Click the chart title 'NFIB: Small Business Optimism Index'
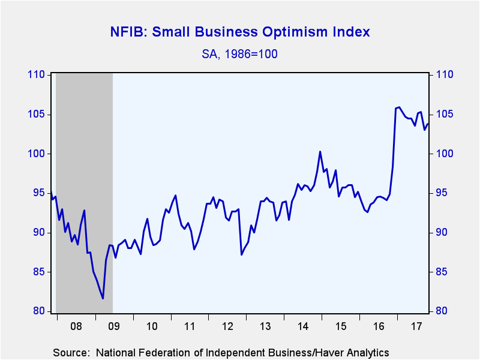240,32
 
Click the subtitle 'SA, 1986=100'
239,54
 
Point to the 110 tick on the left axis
36,74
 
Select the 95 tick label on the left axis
39,193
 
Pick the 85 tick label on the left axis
39,272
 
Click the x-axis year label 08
76,326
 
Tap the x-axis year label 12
227,326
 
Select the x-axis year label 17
416,326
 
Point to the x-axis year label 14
303,326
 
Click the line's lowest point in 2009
103,298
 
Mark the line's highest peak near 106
399,107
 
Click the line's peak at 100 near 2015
320,152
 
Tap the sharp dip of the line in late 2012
242,254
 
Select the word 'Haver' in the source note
332,353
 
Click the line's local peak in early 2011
175,196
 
